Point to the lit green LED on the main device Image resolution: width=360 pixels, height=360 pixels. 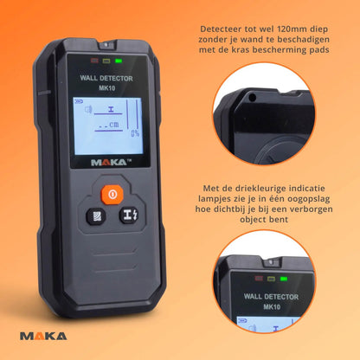[x=118, y=61]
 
